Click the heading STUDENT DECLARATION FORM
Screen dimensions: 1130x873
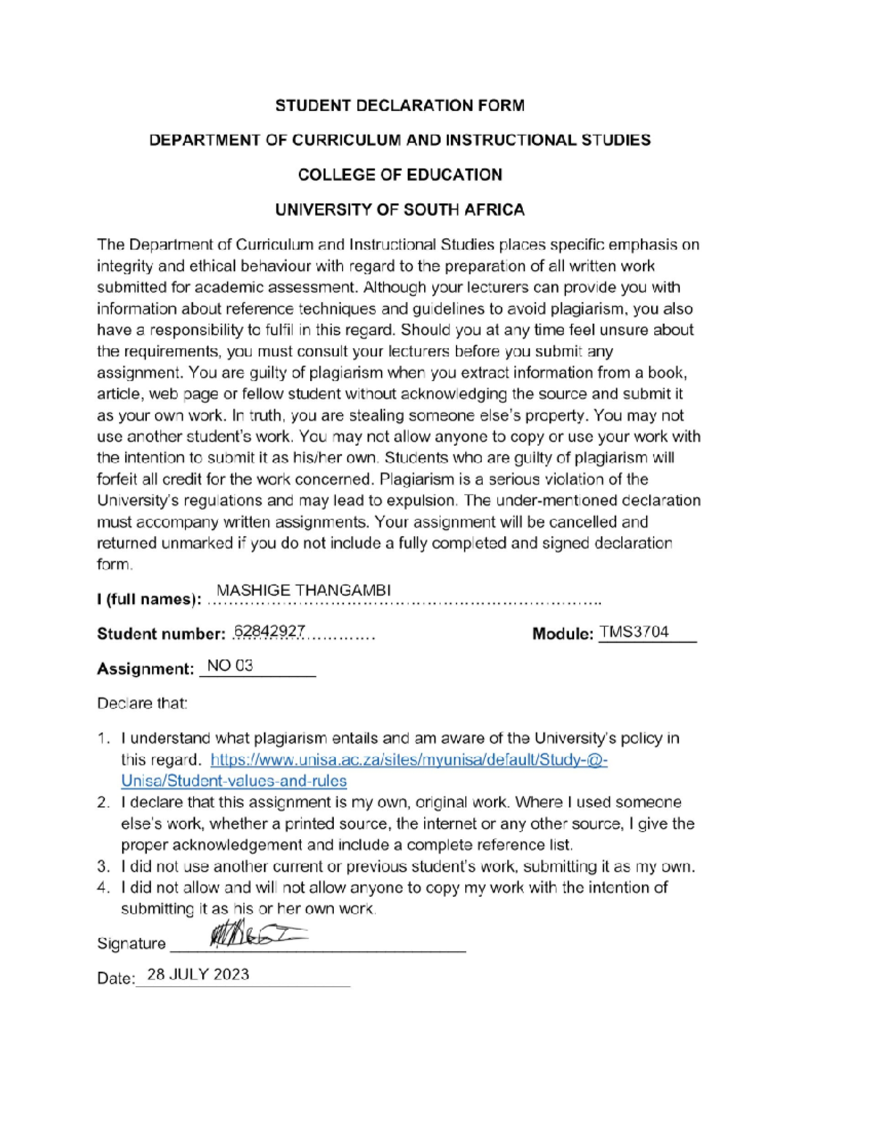(x=399, y=106)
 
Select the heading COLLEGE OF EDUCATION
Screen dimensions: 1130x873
(x=399, y=175)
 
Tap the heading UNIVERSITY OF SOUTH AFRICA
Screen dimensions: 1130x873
(x=399, y=210)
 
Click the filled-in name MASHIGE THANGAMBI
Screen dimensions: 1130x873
(x=303, y=590)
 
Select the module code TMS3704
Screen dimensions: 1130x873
(x=634, y=632)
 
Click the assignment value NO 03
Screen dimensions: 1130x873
(x=230, y=666)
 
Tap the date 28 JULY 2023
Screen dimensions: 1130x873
(x=198, y=974)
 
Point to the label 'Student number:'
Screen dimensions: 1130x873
(x=161, y=634)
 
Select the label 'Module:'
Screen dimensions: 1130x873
(x=562, y=634)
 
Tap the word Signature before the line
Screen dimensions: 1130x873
(x=131, y=944)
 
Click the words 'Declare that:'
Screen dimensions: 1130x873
(x=142, y=704)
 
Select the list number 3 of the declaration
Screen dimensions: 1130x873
(x=103, y=867)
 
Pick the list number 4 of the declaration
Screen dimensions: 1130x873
(x=103, y=888)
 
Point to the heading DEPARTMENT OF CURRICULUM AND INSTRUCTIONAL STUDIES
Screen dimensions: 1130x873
(x=399, y=140)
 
